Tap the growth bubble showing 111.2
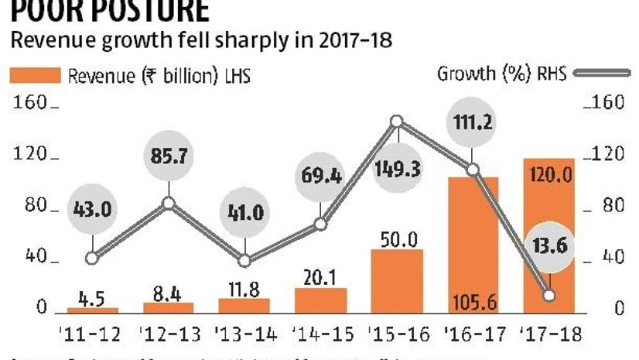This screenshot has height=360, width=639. tap(473, 123)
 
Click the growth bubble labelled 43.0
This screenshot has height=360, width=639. tap(93, 209)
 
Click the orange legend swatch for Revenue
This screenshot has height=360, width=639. tap(35, 76)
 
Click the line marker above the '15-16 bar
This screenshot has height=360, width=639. tap(398, 122)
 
